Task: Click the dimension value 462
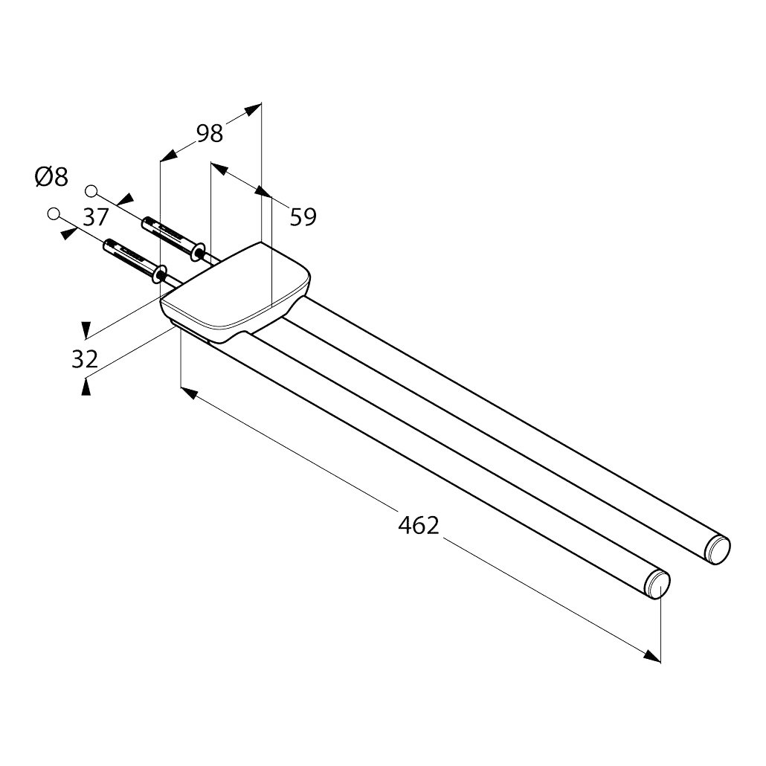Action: tap(419, 526)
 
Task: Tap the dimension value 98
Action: tap(210, 133)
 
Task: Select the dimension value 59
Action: tap(303, 217)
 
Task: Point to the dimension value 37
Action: tap(95, 217)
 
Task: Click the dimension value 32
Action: tap(85, 359)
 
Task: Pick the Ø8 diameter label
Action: tap(51, 176)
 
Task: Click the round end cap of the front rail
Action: tap(658, 585)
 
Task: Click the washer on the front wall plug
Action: tap(159, 274)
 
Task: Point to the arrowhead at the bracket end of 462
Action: tap(189, 393)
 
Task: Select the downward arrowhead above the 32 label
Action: tap(86, 329)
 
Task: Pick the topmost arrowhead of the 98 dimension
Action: tap(253, 110)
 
